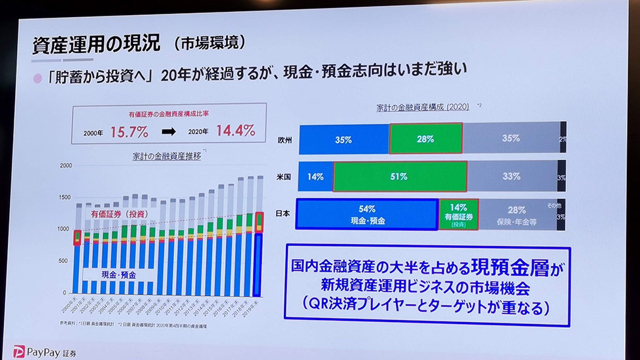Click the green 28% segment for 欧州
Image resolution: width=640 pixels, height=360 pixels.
(426, 139)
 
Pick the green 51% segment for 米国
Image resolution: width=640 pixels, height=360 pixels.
(400, 176)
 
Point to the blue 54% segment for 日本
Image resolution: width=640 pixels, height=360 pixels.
(367, 215)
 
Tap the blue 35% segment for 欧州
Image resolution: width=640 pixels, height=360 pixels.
(344, 139)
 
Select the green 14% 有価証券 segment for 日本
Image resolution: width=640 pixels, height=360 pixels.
(459, 214)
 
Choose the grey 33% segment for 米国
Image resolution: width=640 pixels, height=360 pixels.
(512, 176)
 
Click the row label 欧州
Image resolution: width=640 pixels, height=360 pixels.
(284, 140)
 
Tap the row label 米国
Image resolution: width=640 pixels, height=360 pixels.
(284, 177)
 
